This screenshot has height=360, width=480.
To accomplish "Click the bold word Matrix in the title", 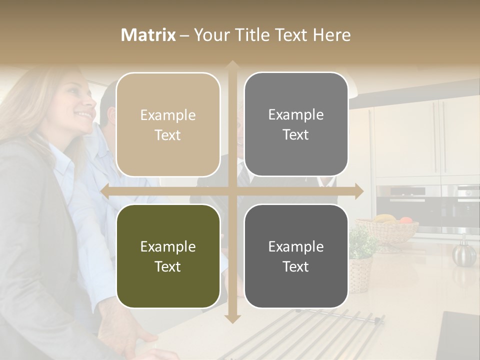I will click(x=148, y=35).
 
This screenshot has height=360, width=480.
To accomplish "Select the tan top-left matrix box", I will click(x=168, y=124).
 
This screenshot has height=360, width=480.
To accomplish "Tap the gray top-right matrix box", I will click(x=296, y=124).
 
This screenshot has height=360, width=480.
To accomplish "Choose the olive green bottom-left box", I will click(x=168, y=256).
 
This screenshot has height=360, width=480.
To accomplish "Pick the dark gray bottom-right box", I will click(x=296, y=256).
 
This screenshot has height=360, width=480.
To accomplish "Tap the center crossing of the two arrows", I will click(x=232, y=191).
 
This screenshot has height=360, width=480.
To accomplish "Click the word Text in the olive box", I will click(x=168, y=266).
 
